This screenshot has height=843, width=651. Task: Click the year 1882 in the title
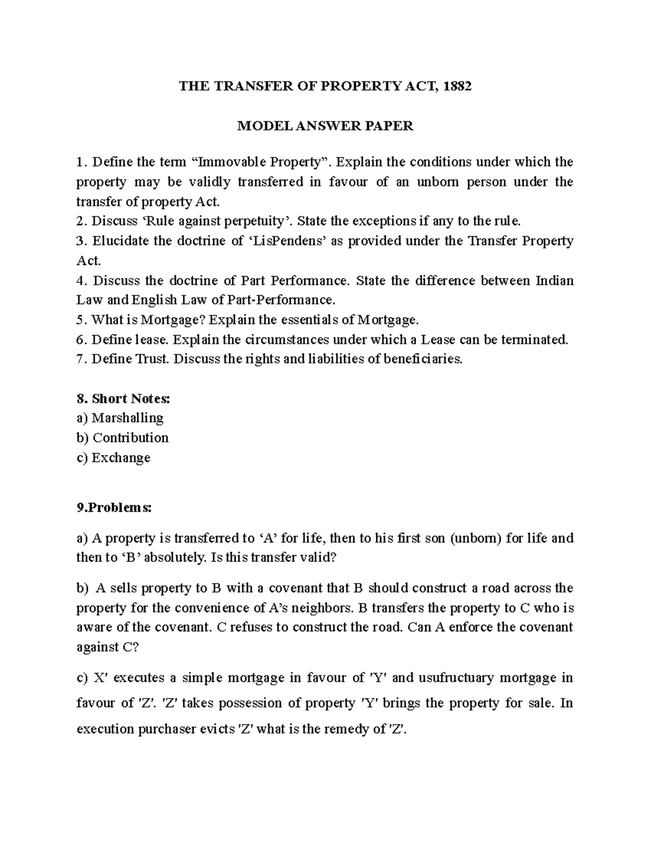tap(457, 86)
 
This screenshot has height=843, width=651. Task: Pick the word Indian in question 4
tap(554, 281)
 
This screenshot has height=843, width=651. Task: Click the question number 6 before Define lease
tap(81, 340)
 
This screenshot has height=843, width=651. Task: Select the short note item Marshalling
tap(127, 418)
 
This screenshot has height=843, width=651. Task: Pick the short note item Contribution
tap(130, 438)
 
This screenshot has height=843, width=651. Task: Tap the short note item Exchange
tap(120, 458)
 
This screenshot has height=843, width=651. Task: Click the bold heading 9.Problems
tap(114, 508)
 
